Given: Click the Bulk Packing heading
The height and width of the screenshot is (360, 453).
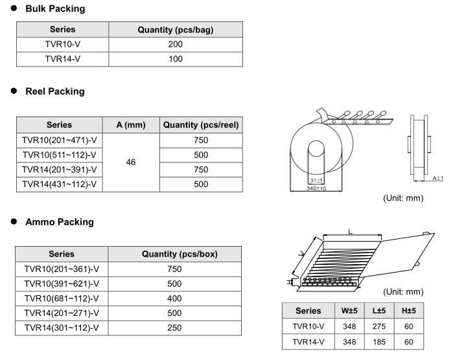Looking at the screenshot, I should click(x=54, y=10).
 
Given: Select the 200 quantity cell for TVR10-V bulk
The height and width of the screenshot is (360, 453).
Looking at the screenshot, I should click(x=175, y=44).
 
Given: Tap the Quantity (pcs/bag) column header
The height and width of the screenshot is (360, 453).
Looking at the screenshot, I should click(x=175, y=30).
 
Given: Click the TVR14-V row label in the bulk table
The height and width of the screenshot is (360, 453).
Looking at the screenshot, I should click(x=62, y=58).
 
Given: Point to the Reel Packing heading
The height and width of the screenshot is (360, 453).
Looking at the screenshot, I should click(x=54, y=91).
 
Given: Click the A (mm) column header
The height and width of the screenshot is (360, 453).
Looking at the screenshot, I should click(x=130, y=125).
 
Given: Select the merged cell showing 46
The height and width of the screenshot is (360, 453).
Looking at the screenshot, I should click(x=130, y=162).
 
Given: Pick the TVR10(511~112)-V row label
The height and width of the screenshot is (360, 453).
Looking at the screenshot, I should click(x=59, y=155).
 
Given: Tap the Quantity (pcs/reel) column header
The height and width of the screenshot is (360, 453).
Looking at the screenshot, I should click(x=200, y=125).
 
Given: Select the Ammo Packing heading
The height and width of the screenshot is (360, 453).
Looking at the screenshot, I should click(x=59, y=222).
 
